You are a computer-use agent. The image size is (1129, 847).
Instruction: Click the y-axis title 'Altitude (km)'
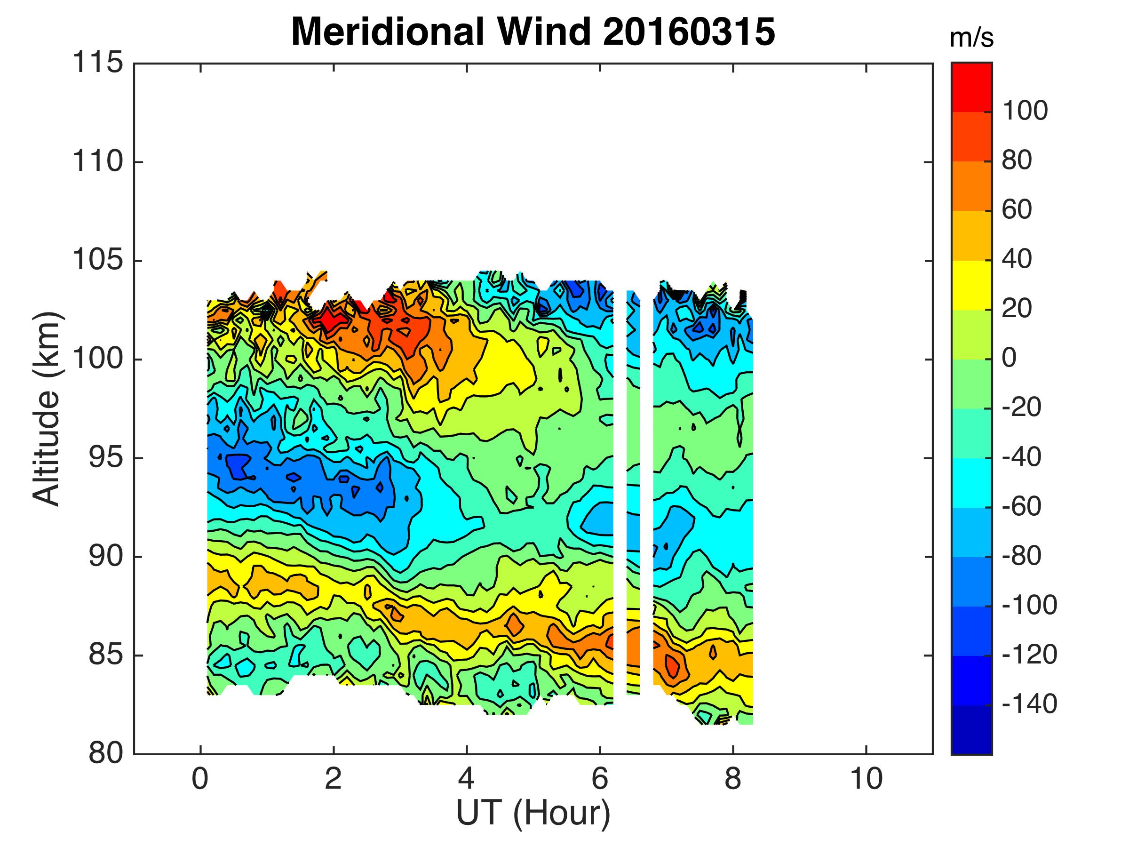(47, 408)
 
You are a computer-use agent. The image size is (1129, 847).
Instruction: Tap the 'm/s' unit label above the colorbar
(971, 39)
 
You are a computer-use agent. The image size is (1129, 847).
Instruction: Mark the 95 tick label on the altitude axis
(106, 458)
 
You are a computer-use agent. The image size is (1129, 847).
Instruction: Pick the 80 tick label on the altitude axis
(106, 753)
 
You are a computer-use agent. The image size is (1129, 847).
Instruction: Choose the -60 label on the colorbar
(1021, 507)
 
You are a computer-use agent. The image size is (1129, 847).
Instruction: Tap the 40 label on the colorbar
(1017, 259)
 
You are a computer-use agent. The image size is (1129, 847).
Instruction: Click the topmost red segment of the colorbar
(971, 87)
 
